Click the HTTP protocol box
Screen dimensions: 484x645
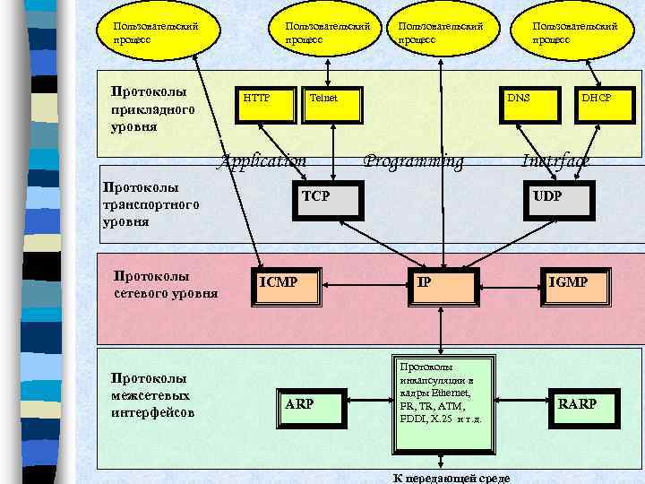(263, 106)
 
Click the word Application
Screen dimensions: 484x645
(264, 161)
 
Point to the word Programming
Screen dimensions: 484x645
(414, 161)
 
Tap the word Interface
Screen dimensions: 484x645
(556, 161)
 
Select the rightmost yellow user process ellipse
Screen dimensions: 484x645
(577, 32)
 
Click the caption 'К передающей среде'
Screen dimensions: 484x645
(452, 477)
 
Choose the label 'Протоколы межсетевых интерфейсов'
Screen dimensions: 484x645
(152, 395)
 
